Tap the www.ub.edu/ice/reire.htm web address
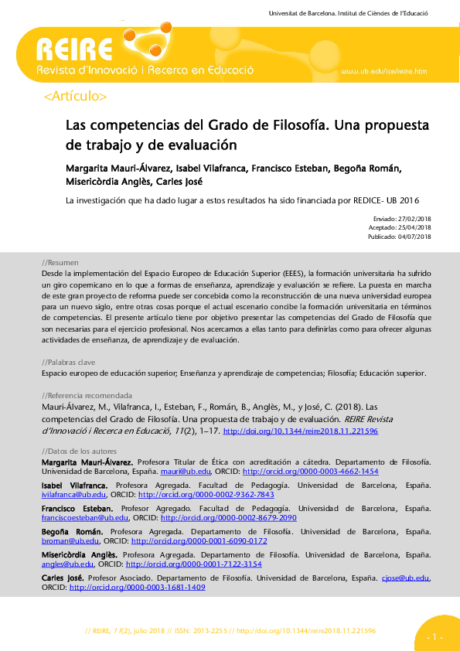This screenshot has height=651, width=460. coord(383,71)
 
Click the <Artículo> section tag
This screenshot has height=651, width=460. coord(76,97)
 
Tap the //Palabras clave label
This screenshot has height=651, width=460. coord(68,362)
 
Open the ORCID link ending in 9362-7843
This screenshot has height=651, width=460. coord(185,495)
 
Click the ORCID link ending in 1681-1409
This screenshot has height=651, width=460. coord(137,588)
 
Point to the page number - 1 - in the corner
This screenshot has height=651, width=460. coord(434,637)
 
